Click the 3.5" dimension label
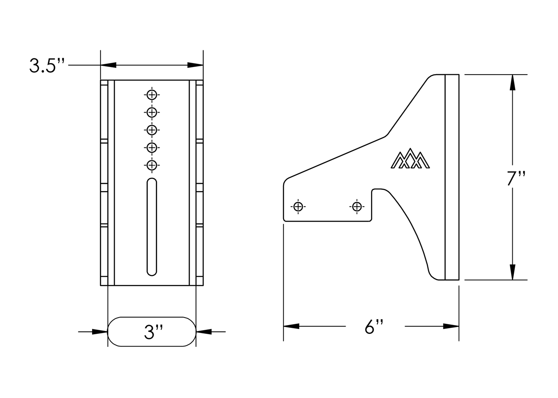coord(46,65)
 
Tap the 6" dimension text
coord(374,327)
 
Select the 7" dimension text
coord(516,179)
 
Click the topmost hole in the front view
coord(152,95)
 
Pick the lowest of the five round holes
coord(152,165)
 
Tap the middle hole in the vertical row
coord(152,130)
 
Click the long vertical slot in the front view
coord(152,227)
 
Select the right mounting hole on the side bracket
coord(357,207)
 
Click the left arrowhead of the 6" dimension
coord(291,326)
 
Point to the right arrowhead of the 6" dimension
coord(451,326)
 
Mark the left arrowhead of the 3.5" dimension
coord(108,65)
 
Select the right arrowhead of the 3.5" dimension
coord(195,65)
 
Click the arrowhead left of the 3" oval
coord(100,331)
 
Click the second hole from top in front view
coord(152,112)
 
